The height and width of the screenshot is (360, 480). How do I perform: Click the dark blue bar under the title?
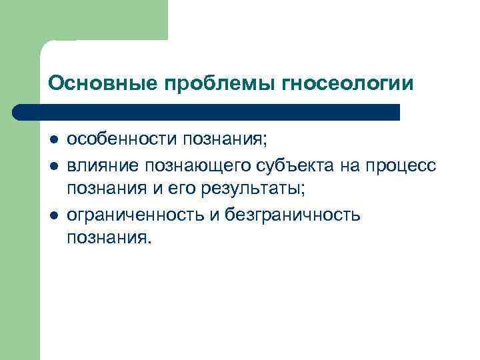click(207, 112)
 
